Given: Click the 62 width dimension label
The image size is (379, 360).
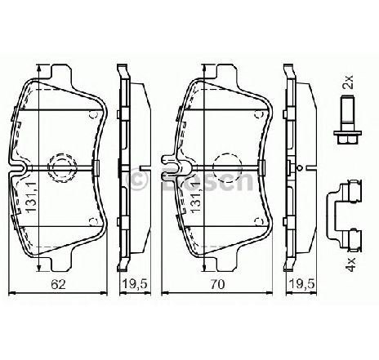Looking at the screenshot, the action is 59,284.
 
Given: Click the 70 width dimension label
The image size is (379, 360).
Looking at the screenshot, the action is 218,284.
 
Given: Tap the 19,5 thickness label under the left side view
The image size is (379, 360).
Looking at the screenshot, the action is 135,284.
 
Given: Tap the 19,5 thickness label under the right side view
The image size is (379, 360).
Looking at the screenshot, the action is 302,284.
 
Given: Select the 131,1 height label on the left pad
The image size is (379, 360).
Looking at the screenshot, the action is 31,197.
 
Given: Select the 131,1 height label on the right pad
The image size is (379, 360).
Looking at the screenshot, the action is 197,197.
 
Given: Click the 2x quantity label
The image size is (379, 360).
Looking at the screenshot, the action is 348,82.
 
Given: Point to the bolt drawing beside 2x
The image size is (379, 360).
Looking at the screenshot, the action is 348,120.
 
